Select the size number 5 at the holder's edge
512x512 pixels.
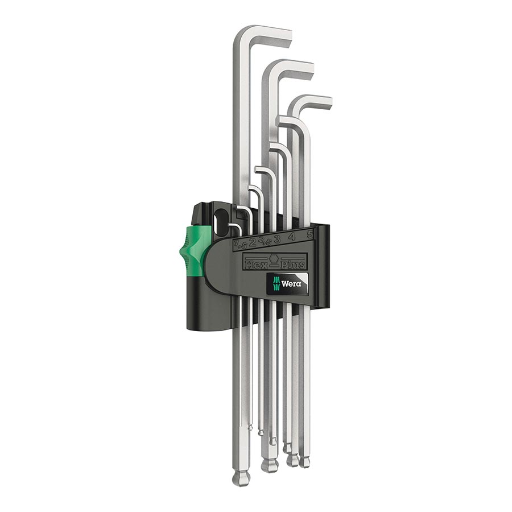(309, 233)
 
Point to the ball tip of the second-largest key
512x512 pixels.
(269, 465)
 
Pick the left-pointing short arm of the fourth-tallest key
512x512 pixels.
(282, 121)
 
